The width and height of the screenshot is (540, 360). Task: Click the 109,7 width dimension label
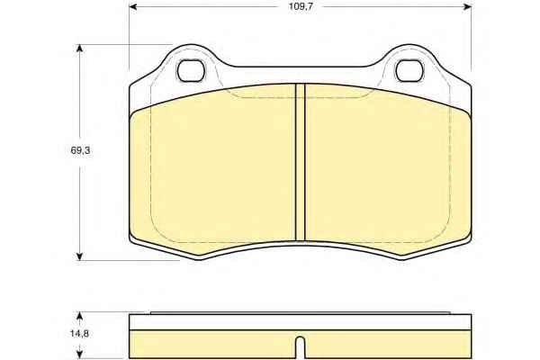click(x=301, y=6)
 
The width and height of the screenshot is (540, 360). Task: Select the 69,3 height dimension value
click(x=80, y=150)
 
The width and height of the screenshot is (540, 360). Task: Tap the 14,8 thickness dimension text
click(x=79, y=334)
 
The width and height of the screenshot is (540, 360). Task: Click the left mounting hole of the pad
click(x=191, y=70)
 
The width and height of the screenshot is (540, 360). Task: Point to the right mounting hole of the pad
click(x=409, y=70)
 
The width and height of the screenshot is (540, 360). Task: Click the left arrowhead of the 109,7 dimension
click(x=133, y=6)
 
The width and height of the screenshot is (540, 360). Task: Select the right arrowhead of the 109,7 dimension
click(x=467, y=6)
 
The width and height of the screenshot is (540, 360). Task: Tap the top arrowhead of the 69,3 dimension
click(x=80, y=49)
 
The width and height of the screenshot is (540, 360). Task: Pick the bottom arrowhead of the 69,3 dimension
click(x=80, y=256)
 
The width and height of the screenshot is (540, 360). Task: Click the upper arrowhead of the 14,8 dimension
click(x=80, y=316)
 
